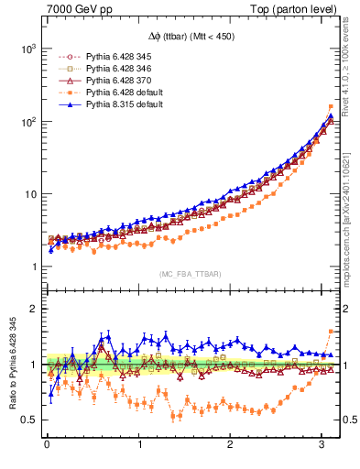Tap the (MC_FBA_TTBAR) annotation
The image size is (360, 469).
[x=190, y=274]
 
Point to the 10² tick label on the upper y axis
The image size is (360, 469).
[x=28, y=121]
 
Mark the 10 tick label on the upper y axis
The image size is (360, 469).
[x=30, y=194]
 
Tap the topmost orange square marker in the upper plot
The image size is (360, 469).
[x=331, y=106]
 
